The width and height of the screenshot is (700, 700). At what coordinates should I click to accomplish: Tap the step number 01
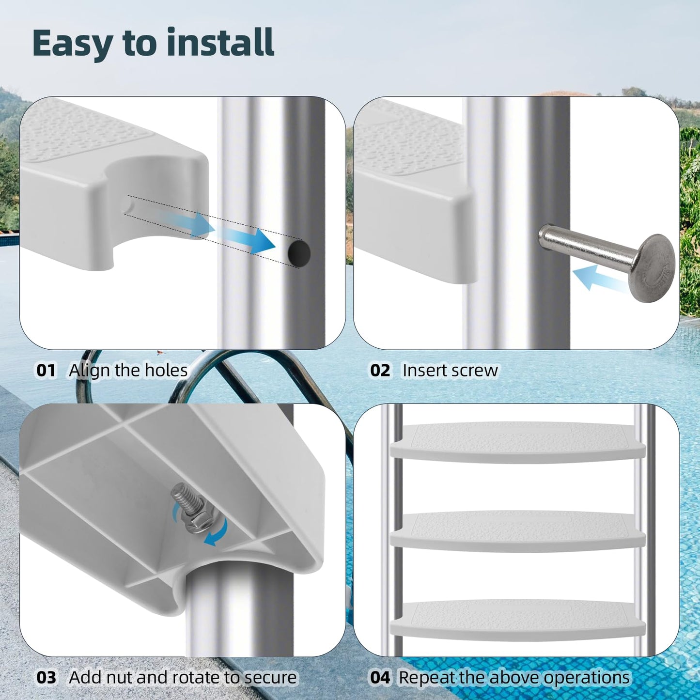[46, 371]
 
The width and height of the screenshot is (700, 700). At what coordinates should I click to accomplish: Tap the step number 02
[380, 371]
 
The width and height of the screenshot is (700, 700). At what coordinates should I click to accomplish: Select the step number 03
[46, 677]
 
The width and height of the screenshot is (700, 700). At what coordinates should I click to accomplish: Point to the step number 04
[380, 677]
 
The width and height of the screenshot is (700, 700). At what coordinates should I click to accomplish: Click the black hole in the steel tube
[299, 252]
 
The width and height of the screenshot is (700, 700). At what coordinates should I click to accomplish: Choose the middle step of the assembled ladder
[517, 531]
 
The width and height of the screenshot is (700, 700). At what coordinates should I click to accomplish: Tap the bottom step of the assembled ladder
[517, 620]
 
